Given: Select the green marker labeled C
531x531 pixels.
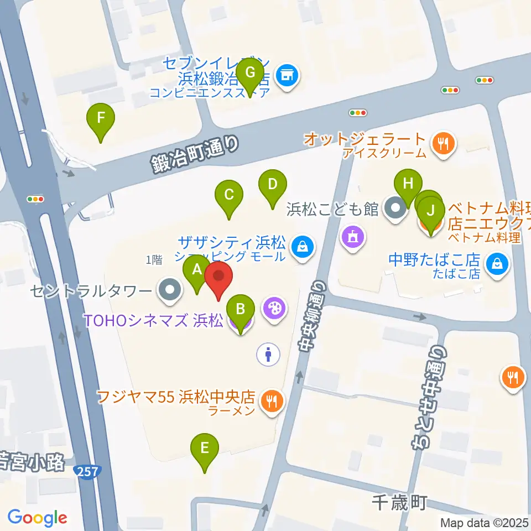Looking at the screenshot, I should (228, 195).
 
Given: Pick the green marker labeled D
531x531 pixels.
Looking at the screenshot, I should (272, 184).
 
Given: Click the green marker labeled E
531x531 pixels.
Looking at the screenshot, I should (205, 447).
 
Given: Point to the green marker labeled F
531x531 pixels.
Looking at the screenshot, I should (101, 118).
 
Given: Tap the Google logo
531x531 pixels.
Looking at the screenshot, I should (37, 518).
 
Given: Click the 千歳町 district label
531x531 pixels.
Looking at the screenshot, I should (398, 502).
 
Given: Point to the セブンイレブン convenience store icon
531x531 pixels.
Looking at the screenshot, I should (287, 74).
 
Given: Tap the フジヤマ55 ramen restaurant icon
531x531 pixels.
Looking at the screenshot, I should (271, 399).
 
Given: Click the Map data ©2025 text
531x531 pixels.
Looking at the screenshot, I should (484, 522).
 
